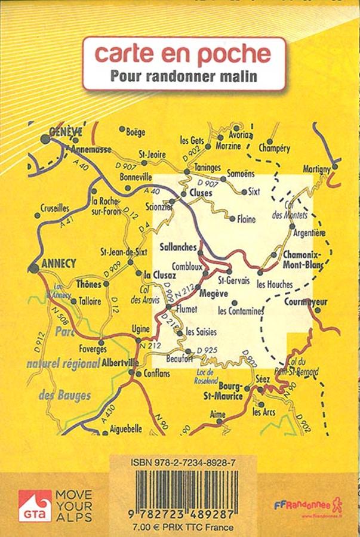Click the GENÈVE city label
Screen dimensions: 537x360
[66, 132]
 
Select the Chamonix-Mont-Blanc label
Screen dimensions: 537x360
[302, 257]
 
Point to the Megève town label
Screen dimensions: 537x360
[214, 293]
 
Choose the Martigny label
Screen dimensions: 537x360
[316, 169]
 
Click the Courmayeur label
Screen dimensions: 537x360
[306, 302]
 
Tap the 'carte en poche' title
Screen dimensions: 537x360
[183, 54]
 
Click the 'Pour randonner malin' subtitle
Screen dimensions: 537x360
[183, 76]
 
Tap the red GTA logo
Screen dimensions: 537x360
[35, 505]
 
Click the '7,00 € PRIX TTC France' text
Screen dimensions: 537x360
[183, 527]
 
